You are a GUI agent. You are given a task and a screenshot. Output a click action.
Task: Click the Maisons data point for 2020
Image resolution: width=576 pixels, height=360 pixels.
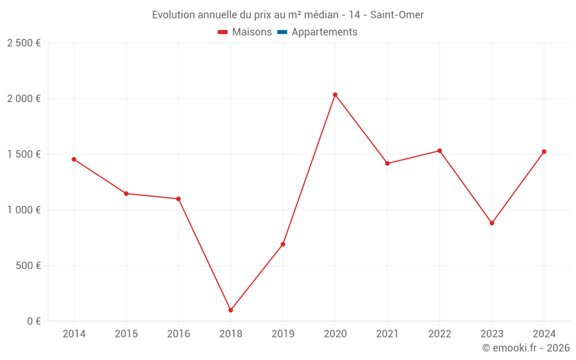coord(335,94)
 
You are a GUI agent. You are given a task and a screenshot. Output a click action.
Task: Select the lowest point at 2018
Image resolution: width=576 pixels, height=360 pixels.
coord(230,310)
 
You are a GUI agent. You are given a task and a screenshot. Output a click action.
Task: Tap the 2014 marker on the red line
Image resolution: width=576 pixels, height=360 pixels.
coord(74,159)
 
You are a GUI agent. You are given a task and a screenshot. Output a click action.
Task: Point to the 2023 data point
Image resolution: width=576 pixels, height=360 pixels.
coord(492,223)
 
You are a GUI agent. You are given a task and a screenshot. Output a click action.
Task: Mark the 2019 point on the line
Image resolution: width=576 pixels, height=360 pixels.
coord(283,244)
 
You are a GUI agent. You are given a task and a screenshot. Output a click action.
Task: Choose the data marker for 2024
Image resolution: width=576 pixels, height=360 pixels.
coord(544,151)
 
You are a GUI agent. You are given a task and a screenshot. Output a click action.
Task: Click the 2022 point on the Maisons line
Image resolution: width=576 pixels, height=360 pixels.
coord(439,151)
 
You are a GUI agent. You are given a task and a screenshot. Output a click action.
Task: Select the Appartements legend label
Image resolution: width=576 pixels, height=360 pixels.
coord(324,32)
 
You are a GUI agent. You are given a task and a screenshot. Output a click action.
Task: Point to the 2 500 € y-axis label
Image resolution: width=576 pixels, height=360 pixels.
coord(24,43)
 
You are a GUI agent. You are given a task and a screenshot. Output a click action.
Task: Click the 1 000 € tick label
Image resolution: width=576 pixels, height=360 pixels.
coord(24,210)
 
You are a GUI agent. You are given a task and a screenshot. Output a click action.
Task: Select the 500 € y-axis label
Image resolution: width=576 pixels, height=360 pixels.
coord(28,266)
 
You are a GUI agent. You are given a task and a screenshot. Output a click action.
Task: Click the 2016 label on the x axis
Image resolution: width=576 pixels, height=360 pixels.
coord(178,334)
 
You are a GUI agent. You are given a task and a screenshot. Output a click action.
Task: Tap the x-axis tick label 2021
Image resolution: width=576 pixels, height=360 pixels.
coord(387,334)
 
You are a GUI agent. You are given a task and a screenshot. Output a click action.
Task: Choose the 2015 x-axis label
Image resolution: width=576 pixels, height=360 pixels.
coord(126,334)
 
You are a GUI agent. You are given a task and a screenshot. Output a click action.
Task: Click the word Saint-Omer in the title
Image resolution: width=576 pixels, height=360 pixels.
coord(397,15)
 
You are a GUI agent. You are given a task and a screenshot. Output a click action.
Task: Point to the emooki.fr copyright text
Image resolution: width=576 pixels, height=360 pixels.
coord(526,348)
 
